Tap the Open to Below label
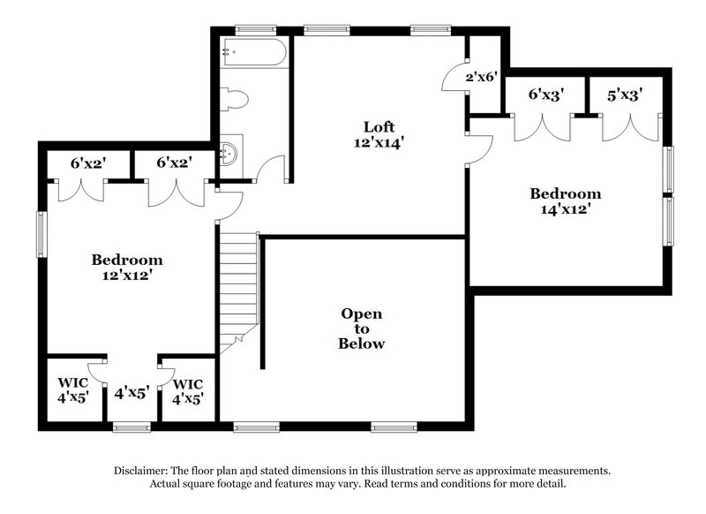coord(362,329)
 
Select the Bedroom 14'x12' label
coord(565,201)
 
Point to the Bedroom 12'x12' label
coord(127,267)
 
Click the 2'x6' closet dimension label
coord(483,77)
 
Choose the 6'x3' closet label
coord(546,94)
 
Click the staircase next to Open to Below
coord(237,287)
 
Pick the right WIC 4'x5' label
coord(188,391)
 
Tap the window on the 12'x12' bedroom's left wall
coord(40,234)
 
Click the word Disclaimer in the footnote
coord(146,471)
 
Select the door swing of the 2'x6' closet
coord(455,79)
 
